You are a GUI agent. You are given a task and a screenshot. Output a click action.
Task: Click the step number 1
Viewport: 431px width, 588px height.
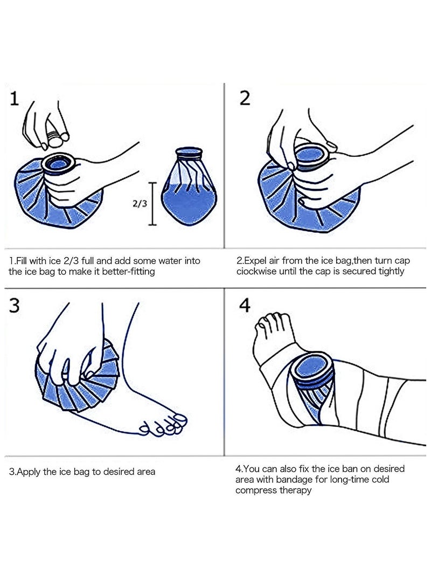pyautogui.click(x=15, y=99)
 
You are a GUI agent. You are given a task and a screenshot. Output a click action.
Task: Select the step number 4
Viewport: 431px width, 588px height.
pyautogui.click(x=245, y=306)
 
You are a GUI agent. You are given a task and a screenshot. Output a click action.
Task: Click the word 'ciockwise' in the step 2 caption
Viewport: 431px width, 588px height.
pyautogui.click(x=256, y=272)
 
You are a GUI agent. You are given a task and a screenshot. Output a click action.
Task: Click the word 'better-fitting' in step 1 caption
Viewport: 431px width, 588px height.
pyautogui.click(x=127, y=272)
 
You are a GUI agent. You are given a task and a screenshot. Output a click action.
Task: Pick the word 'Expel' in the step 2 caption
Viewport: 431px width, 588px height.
pyautogui.click(x=256, y=261)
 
